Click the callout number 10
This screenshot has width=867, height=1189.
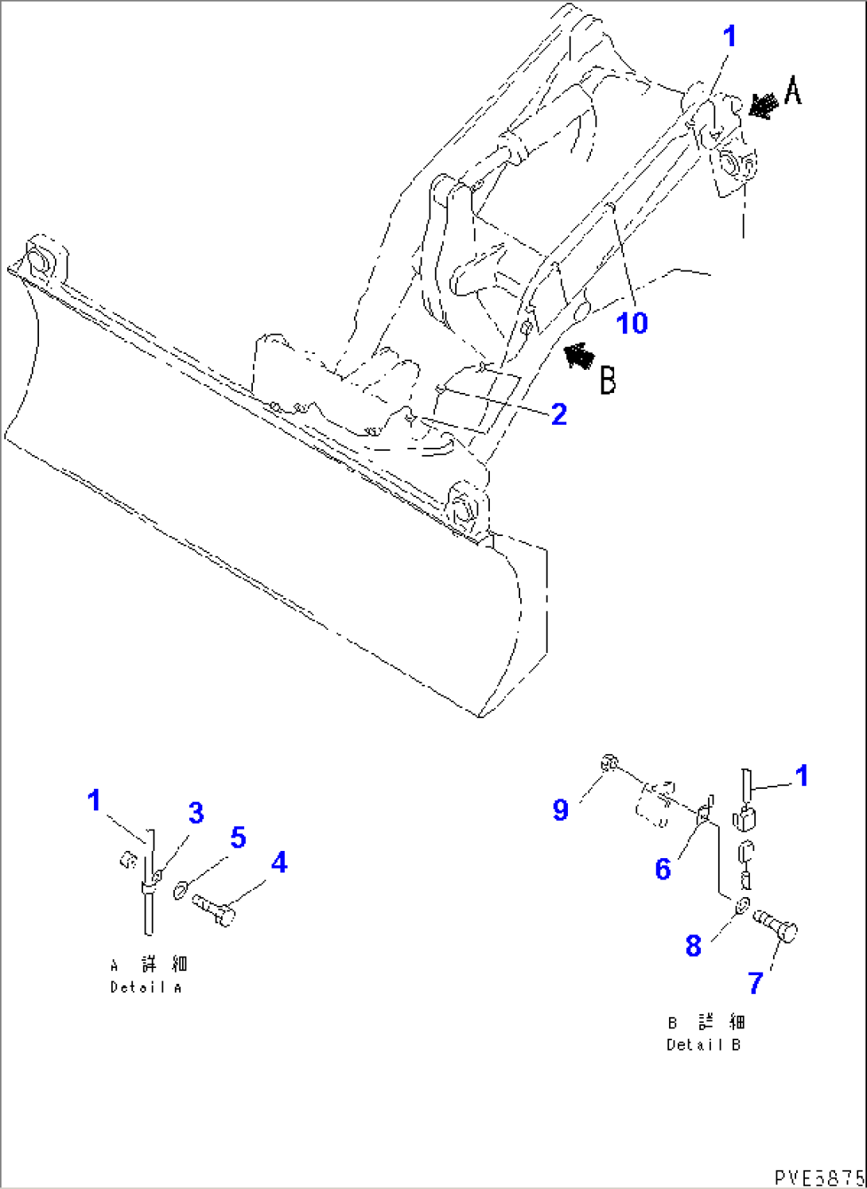tap(632, 323)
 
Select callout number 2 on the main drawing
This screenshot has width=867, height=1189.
tap(559, 414)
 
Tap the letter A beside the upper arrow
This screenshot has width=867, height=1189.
tap(793, 91)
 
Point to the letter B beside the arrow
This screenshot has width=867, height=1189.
tap(608, 379)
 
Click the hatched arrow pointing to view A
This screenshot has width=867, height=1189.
tap(763, 105)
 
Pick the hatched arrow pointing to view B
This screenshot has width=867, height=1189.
tap(580, 356)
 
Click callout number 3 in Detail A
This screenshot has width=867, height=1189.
tap(196, 812)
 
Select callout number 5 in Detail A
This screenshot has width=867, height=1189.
tap(238, 837)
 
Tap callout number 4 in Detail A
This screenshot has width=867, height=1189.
tap(278, 862)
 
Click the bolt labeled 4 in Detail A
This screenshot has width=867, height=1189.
tap(214, 908)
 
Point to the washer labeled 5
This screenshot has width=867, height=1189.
tap(181, 888)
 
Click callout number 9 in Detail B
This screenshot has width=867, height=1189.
tap(561, 810)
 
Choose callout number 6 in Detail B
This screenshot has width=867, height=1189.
tap(663, 868)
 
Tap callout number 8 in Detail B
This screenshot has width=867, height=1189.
tap(694, 946)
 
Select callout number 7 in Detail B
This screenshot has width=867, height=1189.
tap(756, 983)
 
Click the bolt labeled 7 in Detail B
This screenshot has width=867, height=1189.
tap(776, 925)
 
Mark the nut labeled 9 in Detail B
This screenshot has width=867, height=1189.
tap(608, 764)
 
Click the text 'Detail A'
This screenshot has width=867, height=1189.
tap(146, 988)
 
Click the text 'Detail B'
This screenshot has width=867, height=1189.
tap(703, 1045)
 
